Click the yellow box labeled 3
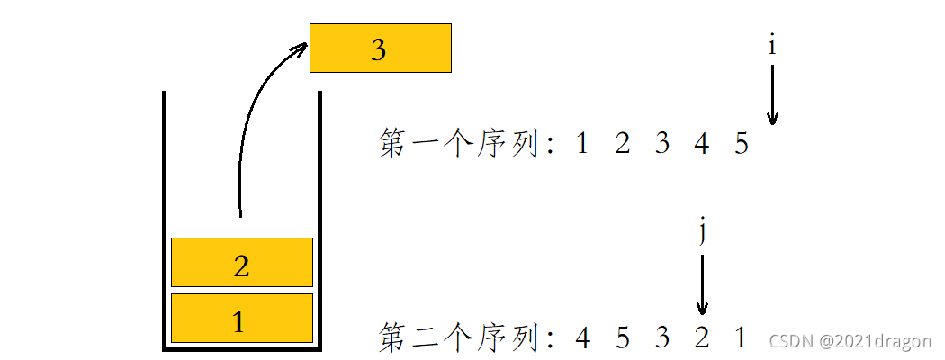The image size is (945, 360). click(x=380, y=49)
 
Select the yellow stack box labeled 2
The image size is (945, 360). click(x=241, y=263)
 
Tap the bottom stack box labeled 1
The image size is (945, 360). click(x=241, y=319)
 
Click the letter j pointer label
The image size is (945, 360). click(x=702, y=232)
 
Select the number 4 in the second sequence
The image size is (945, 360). click(x=582, y=338)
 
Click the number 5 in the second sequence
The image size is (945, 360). click(x=622, y=338)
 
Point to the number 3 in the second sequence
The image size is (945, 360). click(x=661, y=338)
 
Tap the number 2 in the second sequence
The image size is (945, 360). click(x=702, y=338)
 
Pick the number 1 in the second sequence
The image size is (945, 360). click(x=741, y=338)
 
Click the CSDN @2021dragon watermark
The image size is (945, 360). click(x=850, y=341)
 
